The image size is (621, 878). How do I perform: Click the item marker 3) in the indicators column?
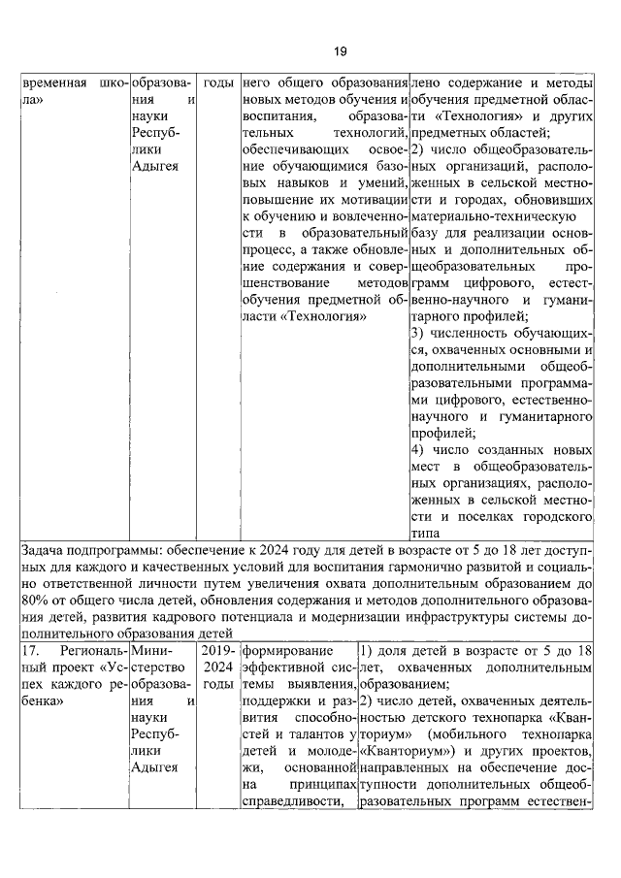418,333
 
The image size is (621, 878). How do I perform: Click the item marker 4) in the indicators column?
418,450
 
